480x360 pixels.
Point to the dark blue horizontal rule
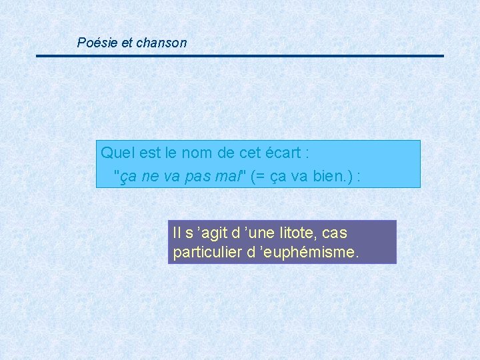click(240, 55)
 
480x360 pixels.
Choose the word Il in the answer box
click(177, 233)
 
